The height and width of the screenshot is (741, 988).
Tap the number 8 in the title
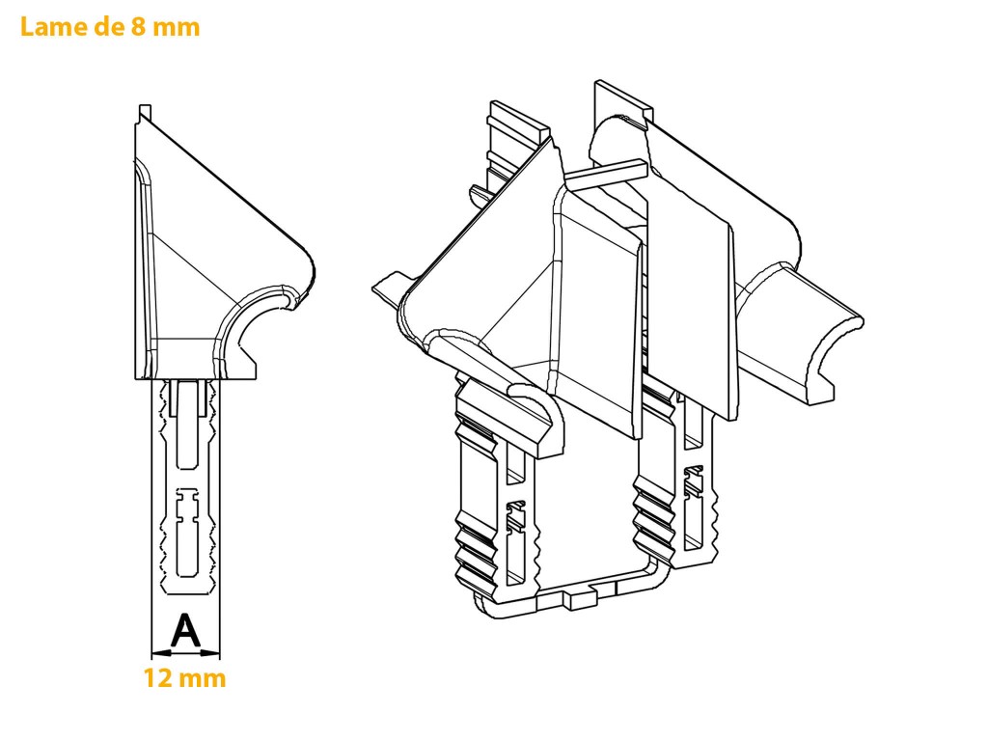click(x=138, y=26)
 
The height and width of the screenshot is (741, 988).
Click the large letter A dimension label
click(x=186, y=631)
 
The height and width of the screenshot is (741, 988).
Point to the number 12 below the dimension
click(x=157, y=678)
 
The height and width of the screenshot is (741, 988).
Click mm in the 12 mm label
click(x=202, y=680)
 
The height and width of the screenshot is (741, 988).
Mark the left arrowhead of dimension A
click(x=161, y=653)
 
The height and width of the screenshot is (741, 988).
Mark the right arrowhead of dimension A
click(x=210, y=653)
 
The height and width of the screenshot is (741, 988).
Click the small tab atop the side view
click(x=145, y=112)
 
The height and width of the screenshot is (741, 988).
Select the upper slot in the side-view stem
click(x=185, y=425)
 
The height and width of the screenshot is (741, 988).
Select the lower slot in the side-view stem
click(x=186, y=533)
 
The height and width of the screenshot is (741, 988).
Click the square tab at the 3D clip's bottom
click(x=580, y=599)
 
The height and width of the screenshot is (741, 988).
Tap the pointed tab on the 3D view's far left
click(x=392, y=288)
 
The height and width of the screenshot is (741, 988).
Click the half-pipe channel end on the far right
click(x=833, y=359)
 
